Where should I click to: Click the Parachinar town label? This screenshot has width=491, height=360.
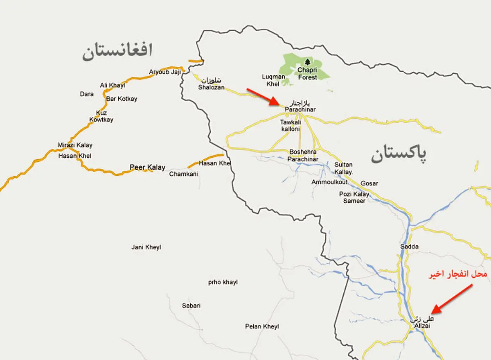click(x=300, y=110)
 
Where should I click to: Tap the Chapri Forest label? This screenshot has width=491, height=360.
click(x=307, y=74)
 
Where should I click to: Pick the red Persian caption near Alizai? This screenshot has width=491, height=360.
click(x=458, y=274)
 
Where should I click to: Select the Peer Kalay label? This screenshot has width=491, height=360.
click(x=147, y=167)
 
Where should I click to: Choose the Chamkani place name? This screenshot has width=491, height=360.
click(x=184, y=174)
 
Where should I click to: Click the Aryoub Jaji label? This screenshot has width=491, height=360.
click(x=165, y=72)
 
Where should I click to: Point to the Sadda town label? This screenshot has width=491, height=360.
click(x=410, y=247)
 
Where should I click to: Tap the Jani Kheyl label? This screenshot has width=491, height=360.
click(x=146, y=247)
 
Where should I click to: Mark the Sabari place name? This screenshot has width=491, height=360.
click(x=191, y=306)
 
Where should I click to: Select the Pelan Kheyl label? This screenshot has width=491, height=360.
click(x=262, y=326)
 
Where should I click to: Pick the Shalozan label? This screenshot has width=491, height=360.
click(x=212, y=87)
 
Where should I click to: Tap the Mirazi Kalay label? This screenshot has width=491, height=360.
click(x=75, y=145)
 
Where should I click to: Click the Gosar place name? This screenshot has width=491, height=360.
click(x=369, y=183)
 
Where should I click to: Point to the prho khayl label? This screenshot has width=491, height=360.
click(x=223, y=282)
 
